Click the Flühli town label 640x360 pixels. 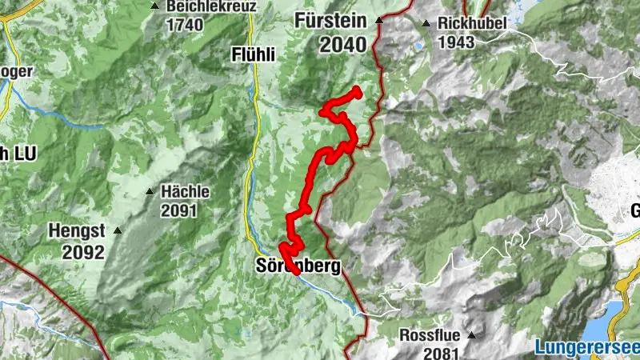252,55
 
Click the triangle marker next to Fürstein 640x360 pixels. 382,22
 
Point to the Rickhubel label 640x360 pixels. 472,22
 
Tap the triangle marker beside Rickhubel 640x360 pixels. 426,23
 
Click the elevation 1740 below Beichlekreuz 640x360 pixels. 185,24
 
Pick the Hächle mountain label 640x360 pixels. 185,192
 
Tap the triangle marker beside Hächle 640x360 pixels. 150,192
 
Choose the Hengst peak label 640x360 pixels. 77,230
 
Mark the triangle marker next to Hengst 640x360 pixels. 118,230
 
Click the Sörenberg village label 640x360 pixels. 297,266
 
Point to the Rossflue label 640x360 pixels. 432,334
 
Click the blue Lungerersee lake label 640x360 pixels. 586,347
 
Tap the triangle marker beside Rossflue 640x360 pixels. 472,335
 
